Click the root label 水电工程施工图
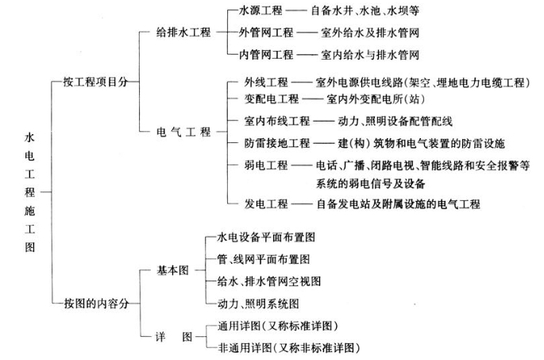[30, 192]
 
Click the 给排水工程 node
[185, 34]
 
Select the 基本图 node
[175, 270]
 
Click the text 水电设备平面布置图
[267, 237]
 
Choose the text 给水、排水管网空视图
[269, 281]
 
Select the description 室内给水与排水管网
[369, 55]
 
